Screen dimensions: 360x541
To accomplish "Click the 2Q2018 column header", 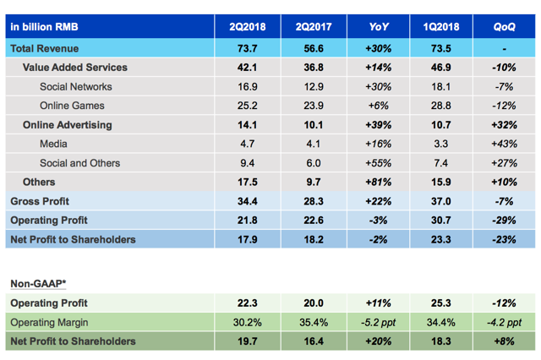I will coord(248,27).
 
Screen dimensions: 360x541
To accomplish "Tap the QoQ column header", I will coord(505,27).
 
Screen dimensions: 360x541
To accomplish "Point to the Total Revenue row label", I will coord(46,48).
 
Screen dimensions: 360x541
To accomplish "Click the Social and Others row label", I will coord(79,163).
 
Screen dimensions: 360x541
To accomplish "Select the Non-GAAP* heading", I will coord(37,284).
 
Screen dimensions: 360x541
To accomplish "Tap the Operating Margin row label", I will coord(48,322).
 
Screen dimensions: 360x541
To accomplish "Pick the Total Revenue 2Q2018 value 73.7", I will coord(248,48).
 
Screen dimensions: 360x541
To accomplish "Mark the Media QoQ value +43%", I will coord(505,144).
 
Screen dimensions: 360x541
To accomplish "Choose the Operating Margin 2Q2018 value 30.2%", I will coord(248,322).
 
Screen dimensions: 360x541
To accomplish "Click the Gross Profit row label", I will coord(41,201).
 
